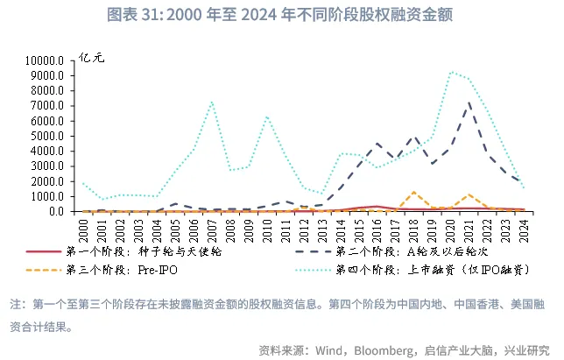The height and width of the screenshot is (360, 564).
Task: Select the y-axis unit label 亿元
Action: click(x=91, y=57)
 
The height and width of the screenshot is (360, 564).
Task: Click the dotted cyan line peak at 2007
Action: click(x=212, y=102)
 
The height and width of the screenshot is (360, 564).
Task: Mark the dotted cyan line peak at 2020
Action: click(x=451, y=72)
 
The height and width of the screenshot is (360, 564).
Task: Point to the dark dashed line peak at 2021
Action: click(x=470, y=102)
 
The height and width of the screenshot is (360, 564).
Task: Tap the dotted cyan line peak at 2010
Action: click(x=267, y=116)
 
